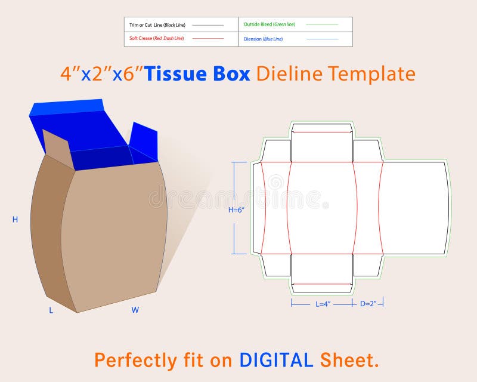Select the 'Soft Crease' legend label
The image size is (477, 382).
pos(157,38)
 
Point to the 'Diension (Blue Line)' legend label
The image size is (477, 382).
pos(263,39)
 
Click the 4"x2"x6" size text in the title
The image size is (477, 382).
pos(101,74)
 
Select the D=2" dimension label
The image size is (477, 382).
pos(368,304)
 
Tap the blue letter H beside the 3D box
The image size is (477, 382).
pos(15,220)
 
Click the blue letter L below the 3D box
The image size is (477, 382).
pos(51,310)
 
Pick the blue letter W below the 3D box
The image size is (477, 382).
pos(135,310)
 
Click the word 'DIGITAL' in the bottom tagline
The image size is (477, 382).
pos(276,360)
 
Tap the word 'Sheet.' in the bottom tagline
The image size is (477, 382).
pos(349,360)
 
